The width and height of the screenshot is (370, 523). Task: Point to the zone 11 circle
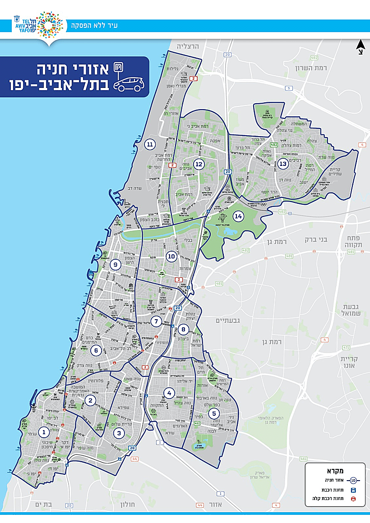tap(150, 145)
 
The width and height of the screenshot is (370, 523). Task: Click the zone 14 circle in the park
tap(238, 216)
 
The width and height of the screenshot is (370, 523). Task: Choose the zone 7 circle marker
tap(156, 321)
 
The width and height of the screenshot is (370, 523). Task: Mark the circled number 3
tap(119, 434)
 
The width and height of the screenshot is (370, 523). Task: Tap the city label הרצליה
tap(185, 46)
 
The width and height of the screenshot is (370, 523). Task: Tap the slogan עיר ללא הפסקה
tap(96, 25)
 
